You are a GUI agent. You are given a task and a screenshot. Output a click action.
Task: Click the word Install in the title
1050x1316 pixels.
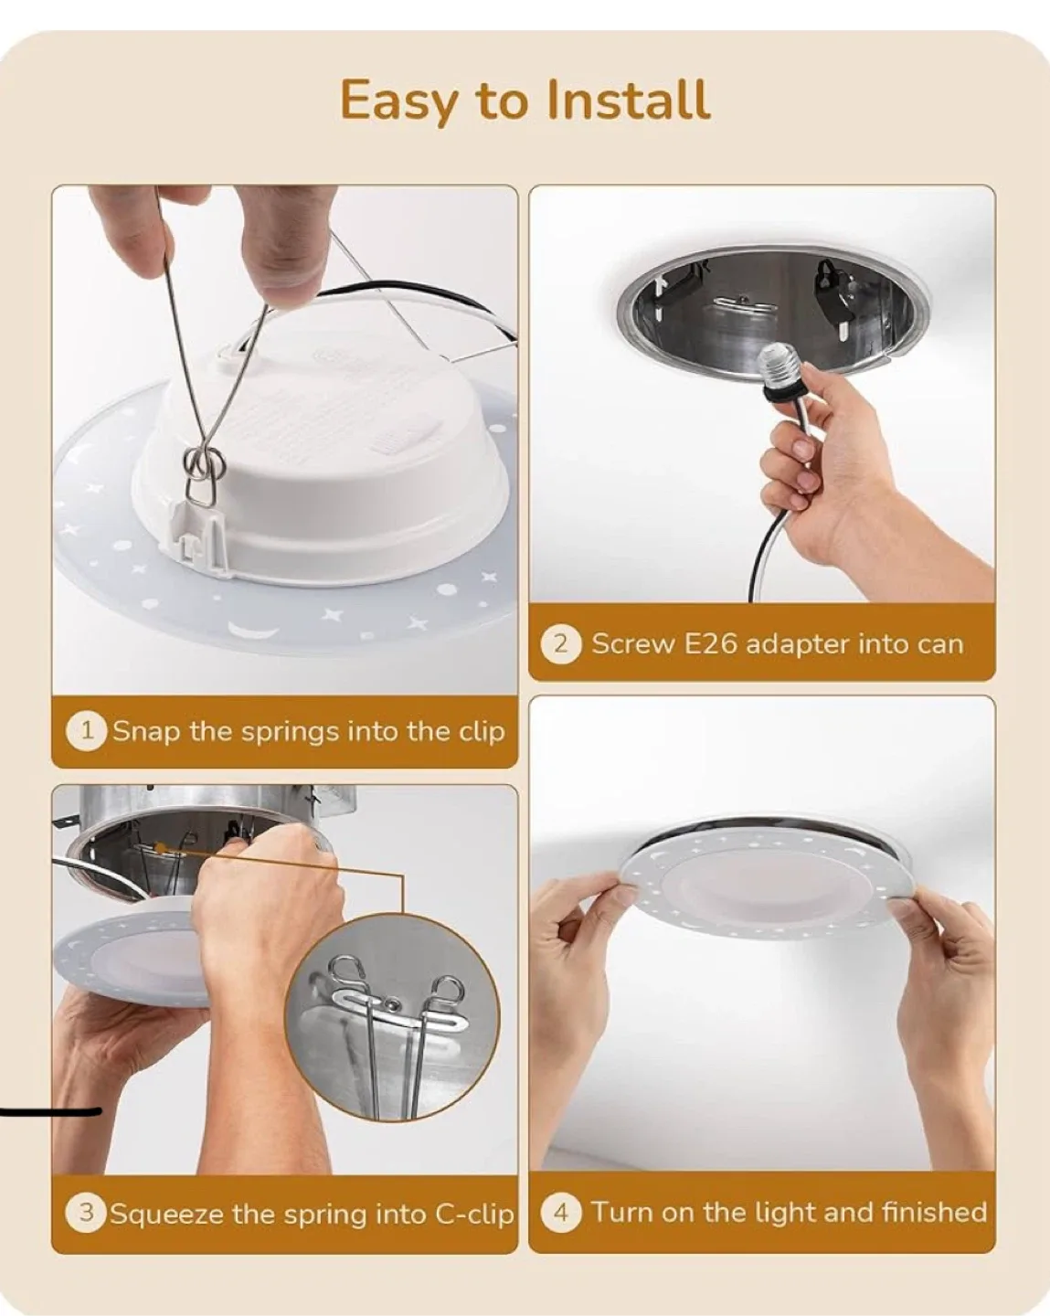point(628,100)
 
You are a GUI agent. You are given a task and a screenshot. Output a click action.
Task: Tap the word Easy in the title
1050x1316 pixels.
point(397,101)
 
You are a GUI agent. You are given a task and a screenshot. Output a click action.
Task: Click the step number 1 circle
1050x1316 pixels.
point(87,731)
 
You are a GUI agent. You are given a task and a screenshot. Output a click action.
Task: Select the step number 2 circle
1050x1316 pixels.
point(561,644)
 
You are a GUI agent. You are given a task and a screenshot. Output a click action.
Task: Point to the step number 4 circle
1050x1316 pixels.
point(561,1213)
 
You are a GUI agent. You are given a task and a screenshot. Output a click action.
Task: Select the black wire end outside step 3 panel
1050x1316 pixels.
point(50,1112)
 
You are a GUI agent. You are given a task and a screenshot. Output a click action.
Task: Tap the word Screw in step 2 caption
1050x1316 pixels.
point(634,644)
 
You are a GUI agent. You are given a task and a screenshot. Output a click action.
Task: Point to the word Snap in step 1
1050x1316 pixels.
point(146,732)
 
